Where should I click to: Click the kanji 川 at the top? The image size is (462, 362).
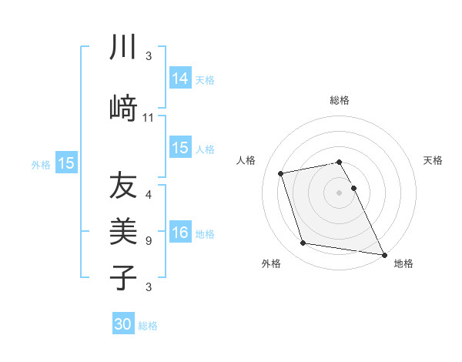pyautogui.click(x=122, y=48)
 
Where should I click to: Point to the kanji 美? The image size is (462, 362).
pyautogui.click(x=123, y=231)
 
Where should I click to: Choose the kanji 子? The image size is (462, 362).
pyautogui.click(x=123, y=277)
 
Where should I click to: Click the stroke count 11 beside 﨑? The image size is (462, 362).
pyautogui.click(x=149, y=118)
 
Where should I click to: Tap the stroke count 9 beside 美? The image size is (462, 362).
pyautogui.click(x=149, y=241)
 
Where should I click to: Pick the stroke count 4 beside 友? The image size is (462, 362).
pyautogui.click(x=149, y=194)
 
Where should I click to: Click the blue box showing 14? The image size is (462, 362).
pyautogui.click(x=180, y=79)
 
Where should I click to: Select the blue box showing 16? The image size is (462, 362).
pyautogui.click(x=180, y=233)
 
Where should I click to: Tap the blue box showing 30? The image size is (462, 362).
pyautogui.click(x=123, y=324)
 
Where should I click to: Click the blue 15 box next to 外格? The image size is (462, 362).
pyautogui.click(x=66, y=163)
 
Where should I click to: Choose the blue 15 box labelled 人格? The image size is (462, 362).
pyautogui.click(x=180, y=148)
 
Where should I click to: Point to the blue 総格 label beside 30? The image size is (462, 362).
pyautogui.click(x=148, y=326)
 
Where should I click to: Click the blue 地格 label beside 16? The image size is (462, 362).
pyautogui.click(x=205, y=234)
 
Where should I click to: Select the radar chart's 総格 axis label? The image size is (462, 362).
pyautogui.click(x=340, y=100)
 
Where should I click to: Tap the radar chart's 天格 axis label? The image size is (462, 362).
pyautogui.click(x=433, y=160)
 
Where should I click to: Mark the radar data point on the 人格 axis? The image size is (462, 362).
pyautogui.click(x=281, y=173)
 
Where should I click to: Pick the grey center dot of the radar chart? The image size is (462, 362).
pyautogui.click(x=340, y=192)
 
